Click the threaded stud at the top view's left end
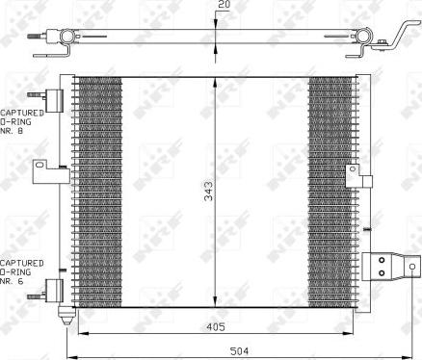[36, 39]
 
